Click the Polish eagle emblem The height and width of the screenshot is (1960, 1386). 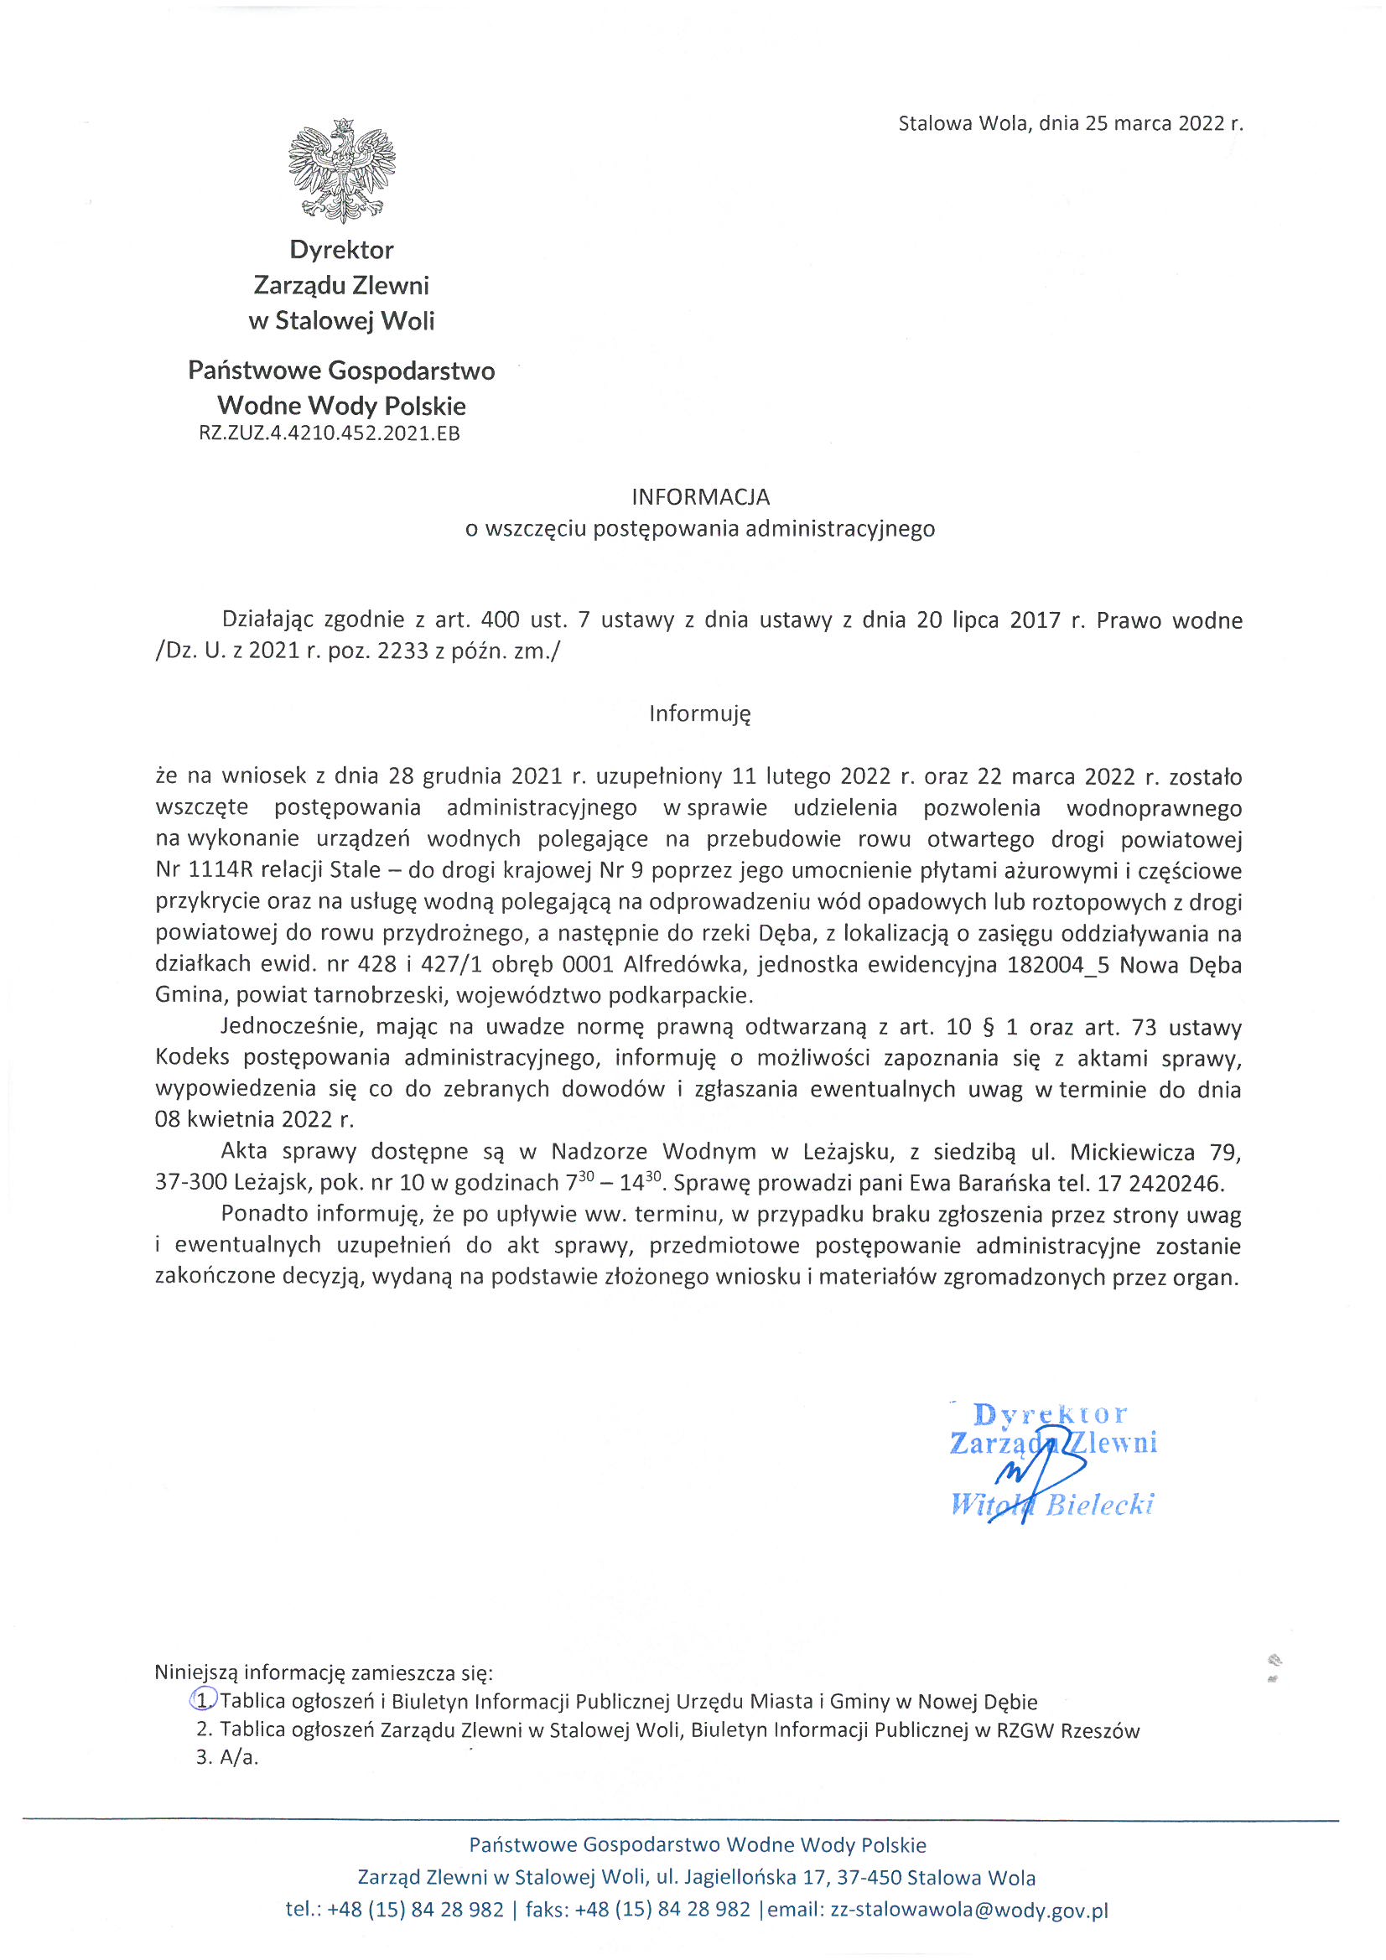(341, 170)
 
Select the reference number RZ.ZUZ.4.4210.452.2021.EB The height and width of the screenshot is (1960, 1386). (330, 433)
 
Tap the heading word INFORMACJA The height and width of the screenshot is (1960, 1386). (700, 497)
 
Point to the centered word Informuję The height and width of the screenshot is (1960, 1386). (699, 713)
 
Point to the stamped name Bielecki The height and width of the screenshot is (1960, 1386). (1100, 1504)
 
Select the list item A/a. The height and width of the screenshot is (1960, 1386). (238, 1757)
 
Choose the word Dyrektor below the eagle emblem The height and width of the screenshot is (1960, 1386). (341, 250)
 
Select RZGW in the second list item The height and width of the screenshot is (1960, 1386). (1025, 1730)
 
